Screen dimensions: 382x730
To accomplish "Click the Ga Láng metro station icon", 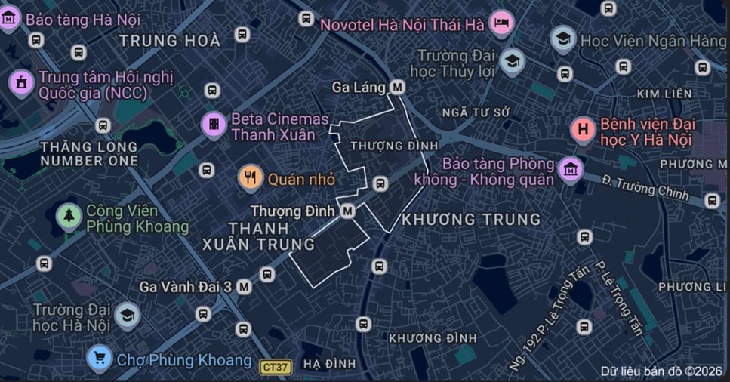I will [x=397, y=88].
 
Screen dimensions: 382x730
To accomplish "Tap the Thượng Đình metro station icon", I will [x=348, y=211].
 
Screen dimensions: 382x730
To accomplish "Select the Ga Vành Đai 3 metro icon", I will [x=243, y=287].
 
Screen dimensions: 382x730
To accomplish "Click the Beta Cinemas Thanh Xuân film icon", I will [x=214, y=125].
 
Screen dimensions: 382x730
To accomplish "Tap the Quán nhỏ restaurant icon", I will [x=251, y=179].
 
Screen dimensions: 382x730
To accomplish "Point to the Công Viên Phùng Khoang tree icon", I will [x=69, y=217].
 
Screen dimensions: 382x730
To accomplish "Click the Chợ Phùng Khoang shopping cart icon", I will [x=100, y=358].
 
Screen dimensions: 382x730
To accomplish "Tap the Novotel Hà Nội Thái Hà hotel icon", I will [x=501, y=23].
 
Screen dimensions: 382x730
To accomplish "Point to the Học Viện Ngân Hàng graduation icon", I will [x=562, y=39].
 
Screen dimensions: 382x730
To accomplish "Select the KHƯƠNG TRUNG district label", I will [x=472, y=220].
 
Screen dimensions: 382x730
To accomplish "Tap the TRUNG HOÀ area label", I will [x=170, y=41].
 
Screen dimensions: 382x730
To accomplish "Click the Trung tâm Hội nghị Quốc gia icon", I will [x=21, y=84].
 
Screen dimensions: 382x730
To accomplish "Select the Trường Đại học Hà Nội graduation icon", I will [x=127, y=316].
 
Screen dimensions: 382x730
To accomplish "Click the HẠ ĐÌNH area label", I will [x=329, y=364].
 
